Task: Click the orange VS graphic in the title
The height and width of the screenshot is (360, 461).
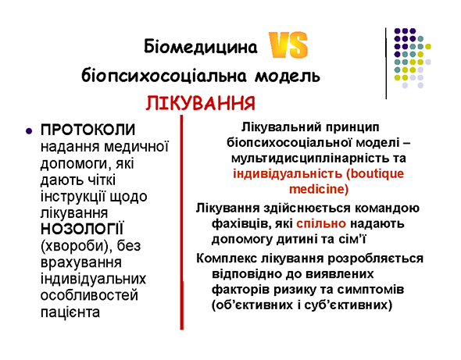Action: pyautogui.click(x=288, y=45)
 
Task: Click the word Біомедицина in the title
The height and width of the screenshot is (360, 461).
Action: pyautogui.click(x=201, y=47)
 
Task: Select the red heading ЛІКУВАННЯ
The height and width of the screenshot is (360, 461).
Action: pyautogui.click(x=200, y=103)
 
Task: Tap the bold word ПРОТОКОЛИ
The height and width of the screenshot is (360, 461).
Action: pyautogui.click(x=88, y=130)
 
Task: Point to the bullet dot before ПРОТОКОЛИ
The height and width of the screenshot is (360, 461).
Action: pyautogui.click(x=29, y=131)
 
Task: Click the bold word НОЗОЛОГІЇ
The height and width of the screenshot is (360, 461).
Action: pyautogui.click(x=83, y=229)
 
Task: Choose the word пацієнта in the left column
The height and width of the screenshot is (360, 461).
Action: pyautogui.click(x=70, y=312)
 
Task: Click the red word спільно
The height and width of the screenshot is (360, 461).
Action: pyautogui.click(x=321, y=223)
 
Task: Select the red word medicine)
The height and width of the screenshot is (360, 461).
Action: pyautogui.click(x=319, y=189)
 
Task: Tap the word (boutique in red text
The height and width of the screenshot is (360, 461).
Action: pyautogui.click(x=375, y=173)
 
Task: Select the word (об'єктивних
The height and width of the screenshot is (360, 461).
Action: pyautogui.click(x=252, y=305)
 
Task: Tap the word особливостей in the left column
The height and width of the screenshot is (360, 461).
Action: pyautogui.click(x=89, y=295)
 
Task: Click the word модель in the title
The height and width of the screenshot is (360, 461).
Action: pyautogui.click(x=287, y=76)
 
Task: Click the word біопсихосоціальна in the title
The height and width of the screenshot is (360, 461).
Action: pyautogui.click(x=163, y=76)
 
